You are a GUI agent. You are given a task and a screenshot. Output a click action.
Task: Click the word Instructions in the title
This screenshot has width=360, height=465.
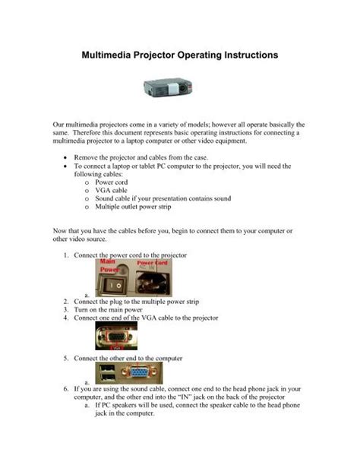coord(245,55)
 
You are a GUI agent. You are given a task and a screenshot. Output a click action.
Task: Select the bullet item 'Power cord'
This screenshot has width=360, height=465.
coord(112,183)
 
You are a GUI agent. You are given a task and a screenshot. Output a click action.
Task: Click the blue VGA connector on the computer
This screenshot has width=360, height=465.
coord(136,372)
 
